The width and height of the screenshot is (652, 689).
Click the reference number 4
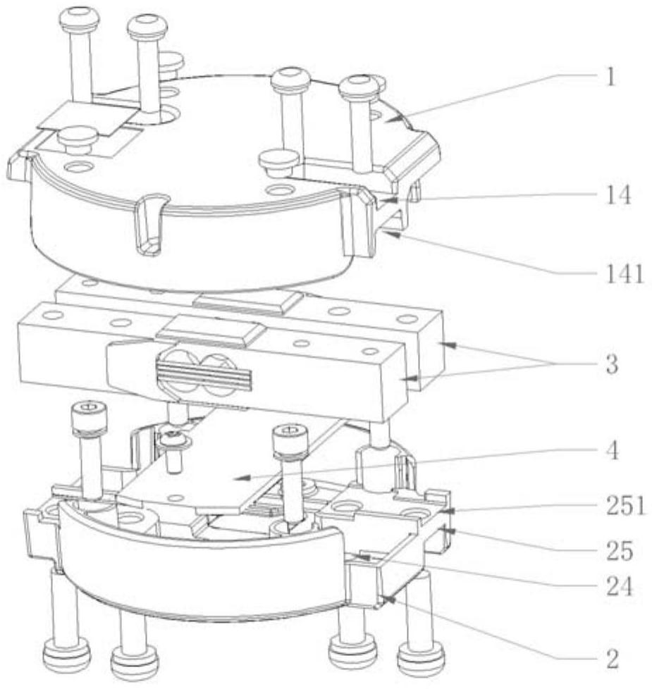tap(611, 452)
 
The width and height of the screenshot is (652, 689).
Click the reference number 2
tap(611, 659)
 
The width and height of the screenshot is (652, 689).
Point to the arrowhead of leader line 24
tap(359, 556)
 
